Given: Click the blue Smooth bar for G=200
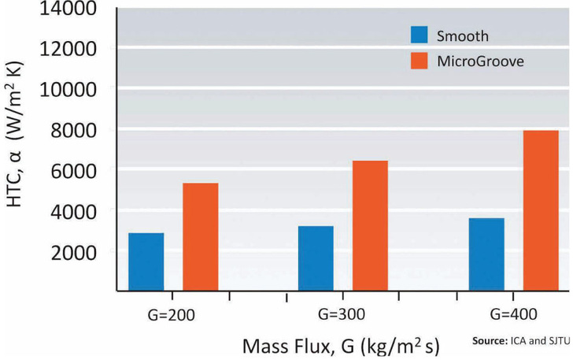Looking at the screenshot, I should click(x=146, y=262).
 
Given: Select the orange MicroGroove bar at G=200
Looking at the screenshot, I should click(x=201, y=237).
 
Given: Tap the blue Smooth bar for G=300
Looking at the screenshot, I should click(x=316, y=258).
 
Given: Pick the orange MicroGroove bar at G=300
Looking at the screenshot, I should click(x=371, y=226).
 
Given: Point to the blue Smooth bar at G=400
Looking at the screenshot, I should click(x=486, y=254).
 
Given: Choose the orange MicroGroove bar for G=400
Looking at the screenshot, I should click(x=541, y=210).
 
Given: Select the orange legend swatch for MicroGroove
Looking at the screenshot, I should click(x=420, y=61).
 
